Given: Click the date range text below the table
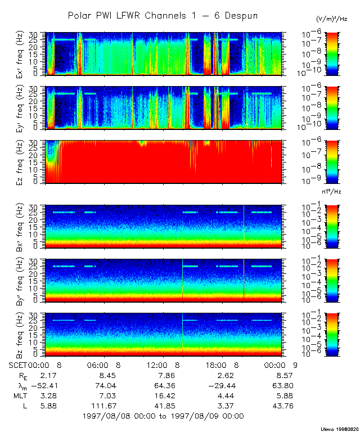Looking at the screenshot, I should tap(163, 416).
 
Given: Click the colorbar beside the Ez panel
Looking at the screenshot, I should tap(318, 161).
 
